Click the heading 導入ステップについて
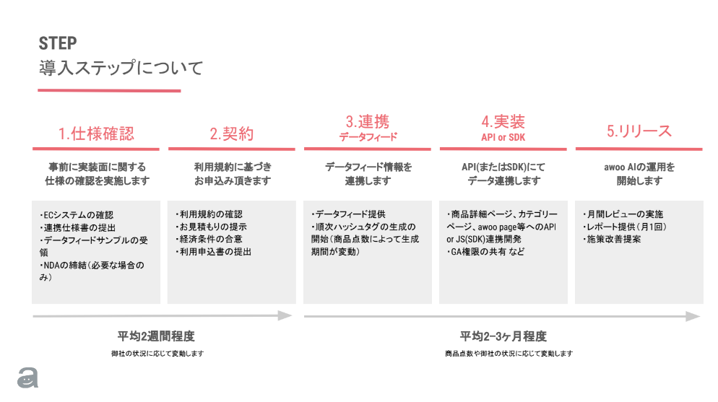(121, 69)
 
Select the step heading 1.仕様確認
(96, 134)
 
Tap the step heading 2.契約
(232, 134)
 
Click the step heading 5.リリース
(639, 131)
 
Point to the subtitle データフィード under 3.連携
(368, 136)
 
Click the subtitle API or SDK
(503, 137)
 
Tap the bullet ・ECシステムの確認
(77, 215)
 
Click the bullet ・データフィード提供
(348, 215)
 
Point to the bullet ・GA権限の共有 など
(485, 253)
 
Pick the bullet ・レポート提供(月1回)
(624, 227)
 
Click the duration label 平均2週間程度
(157, 336)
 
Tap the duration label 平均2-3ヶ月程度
(503, 336)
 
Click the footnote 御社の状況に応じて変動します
(157, 354)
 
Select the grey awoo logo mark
(28, 377)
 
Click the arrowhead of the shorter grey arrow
(286, 315)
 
